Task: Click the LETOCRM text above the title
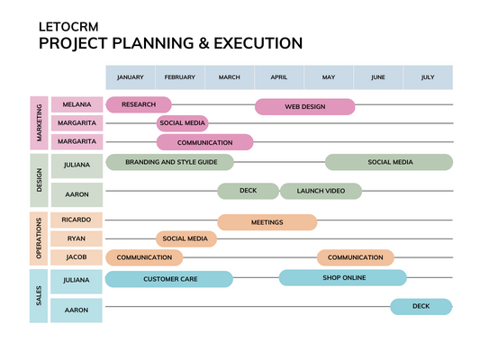(68, 27)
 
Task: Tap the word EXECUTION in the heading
(258, 43)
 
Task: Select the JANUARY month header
(131, 77)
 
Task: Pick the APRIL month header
(279, 77)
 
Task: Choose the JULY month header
(428, 77)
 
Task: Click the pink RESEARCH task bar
(139, 104)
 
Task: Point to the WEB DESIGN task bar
(305, 107)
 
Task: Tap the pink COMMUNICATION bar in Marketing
(204, 142)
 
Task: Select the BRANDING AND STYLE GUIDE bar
(170, 162)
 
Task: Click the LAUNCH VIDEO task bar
(321, 191)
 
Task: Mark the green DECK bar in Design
(248, 191)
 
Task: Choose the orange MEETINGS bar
(267, 222)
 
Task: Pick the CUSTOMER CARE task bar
(169, 279)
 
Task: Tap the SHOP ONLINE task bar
(343, 278)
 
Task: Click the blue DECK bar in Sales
(421, 307)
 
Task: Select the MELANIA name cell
(77, 104)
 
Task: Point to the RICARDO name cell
(77, 220)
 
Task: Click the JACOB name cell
(77, 257)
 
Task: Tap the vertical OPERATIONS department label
(39, 238)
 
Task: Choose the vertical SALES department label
(39, 296)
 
